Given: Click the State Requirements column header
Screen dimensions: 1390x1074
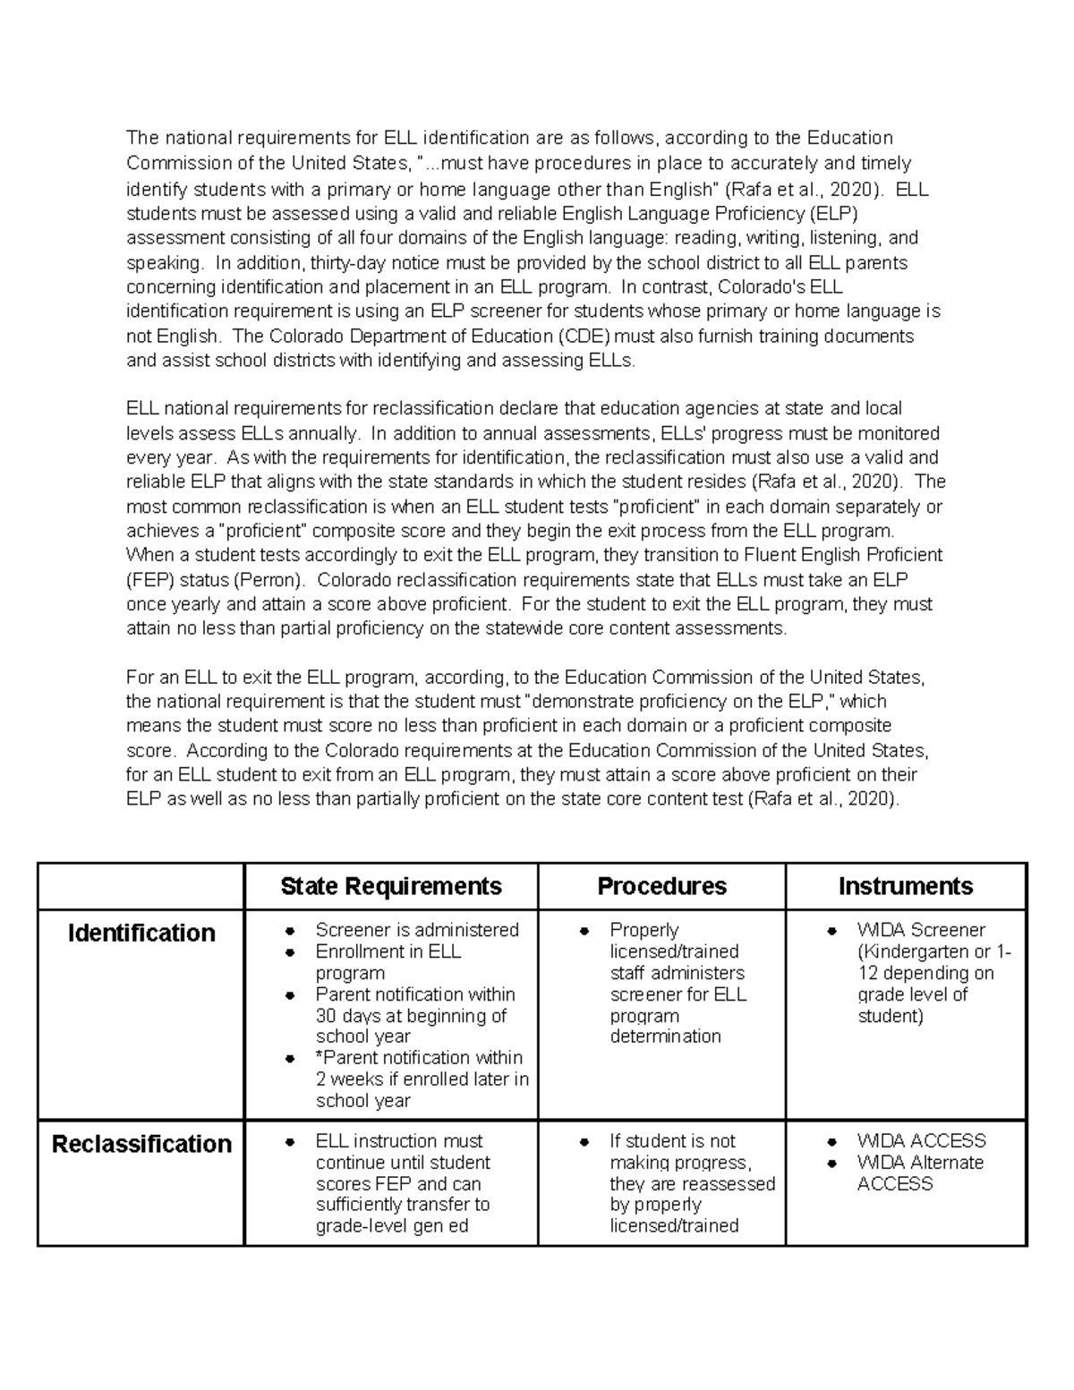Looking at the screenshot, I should [390, 886].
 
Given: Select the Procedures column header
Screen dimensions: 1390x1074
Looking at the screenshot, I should [661, 886].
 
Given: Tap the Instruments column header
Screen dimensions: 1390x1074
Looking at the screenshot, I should [905, 886].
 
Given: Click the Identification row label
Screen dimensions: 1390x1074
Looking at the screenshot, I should [141, 933].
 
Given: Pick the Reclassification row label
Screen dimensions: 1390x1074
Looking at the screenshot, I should [141, 1144].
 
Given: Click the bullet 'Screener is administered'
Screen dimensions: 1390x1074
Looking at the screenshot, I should [416, 930].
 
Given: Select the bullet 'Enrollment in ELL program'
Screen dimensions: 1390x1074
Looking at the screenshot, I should [388, 962].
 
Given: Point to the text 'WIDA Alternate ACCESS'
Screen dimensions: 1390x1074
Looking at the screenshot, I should [919, 1173].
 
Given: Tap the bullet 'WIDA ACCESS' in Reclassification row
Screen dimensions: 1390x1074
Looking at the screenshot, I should [921, 1141].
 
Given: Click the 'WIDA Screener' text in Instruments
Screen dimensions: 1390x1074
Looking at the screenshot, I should [920, 930].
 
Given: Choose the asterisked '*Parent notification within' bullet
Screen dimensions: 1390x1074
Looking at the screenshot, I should [418, 1058].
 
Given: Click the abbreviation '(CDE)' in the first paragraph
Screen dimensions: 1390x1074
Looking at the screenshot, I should [583, 337].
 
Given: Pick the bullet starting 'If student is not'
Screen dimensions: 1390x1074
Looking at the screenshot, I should [671, 1141].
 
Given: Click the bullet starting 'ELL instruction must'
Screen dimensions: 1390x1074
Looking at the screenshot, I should [398, 1141].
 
